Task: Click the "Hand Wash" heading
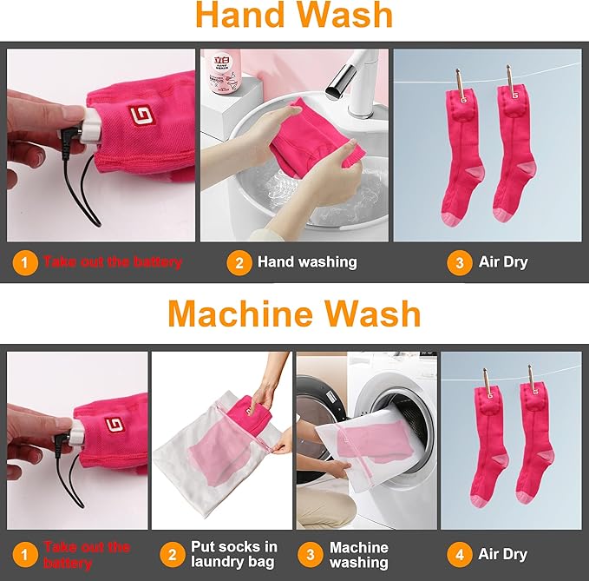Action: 294,15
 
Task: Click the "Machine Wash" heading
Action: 294,314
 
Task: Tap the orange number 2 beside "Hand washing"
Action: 239,262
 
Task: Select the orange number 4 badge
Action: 460,555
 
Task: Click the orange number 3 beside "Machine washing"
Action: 311,555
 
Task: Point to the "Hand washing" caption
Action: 307,262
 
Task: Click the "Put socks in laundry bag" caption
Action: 233,554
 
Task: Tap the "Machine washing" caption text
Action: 359,555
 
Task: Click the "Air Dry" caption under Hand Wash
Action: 503,262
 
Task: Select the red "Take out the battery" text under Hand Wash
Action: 112,261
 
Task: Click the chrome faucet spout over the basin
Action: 339,82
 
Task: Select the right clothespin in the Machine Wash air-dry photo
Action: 533,379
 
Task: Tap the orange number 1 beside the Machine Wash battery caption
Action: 25,555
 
